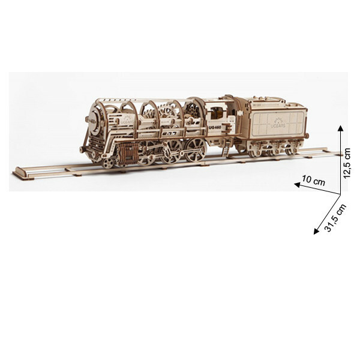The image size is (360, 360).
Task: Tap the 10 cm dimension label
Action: pos(314,179)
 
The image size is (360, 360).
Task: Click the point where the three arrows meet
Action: pos(340,193)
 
